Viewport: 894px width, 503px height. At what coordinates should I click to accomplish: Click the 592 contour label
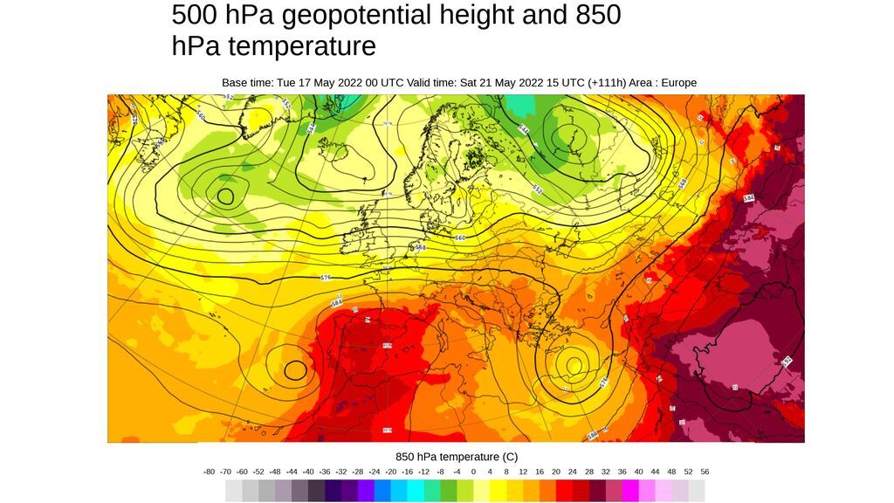tap(787, 361)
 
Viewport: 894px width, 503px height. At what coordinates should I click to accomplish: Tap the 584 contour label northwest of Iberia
tap(336, 302)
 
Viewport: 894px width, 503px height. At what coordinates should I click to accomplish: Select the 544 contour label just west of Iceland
tap(311, 127)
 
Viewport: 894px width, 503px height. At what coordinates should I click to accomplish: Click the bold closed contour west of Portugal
tap(296, 370)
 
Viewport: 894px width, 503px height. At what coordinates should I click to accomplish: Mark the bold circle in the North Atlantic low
tap(226, 196)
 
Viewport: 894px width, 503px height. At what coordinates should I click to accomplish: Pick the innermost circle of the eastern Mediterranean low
tap(574, 363)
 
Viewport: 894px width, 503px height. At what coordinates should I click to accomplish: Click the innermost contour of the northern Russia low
tap(569, 137)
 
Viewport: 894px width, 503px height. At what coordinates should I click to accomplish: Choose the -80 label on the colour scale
tap(209, 472)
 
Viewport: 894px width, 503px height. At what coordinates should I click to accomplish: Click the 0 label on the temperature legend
tap(473, 472)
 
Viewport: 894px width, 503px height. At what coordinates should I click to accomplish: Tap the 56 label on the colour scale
tap(705, 472)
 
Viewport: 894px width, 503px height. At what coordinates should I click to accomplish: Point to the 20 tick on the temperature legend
tap(556, 472)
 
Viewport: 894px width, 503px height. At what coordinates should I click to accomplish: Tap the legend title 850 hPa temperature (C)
tap(456, 457)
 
